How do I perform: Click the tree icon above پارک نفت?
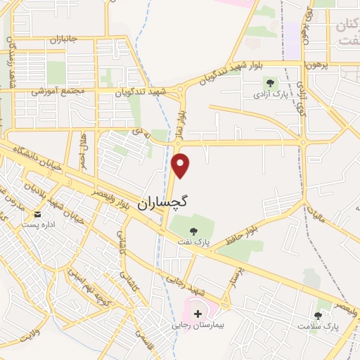pyautogui.click(x=193, y=229)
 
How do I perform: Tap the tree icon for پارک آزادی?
pyautogui.click(x=270, y=83)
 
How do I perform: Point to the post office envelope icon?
pyautogui.click(x=38, y=214)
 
